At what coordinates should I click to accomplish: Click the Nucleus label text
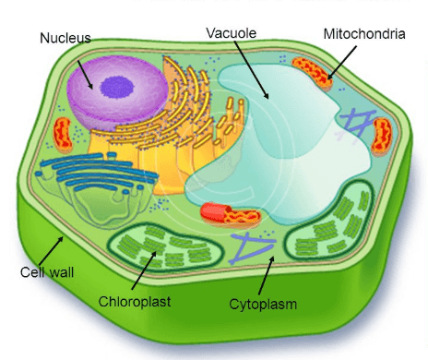click(65, 38)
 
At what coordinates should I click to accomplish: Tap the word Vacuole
click(232, 33)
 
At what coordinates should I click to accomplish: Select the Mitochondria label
click(364, 34)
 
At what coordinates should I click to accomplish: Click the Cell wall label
click(47, 272)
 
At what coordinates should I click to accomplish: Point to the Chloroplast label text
click(135, 302)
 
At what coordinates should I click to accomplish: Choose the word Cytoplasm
click(263, 305)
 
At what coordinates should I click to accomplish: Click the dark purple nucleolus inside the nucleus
click(117, 88)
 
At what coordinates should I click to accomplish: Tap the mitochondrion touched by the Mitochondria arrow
click(312, 73)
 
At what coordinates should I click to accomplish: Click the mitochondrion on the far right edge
click(382, 136)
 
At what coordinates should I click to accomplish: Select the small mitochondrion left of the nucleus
click(63, 134)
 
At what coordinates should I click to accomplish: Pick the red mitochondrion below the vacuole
click(231, 213)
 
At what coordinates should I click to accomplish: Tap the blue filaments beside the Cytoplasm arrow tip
click(252, 247)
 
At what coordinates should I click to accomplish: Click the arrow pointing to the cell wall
click(51, 251)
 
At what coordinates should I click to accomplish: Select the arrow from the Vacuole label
click(251, 70)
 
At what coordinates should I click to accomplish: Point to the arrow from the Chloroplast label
click(144, 270)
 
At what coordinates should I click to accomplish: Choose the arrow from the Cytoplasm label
click(267, 275)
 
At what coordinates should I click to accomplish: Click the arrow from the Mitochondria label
click(342, 63)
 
